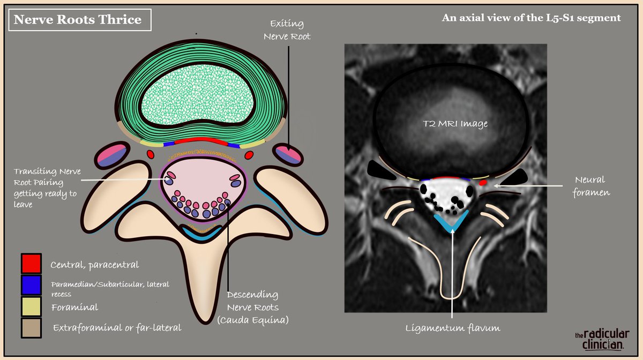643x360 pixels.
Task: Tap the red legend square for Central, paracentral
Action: (32, 264)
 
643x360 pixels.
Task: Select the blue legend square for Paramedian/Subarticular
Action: (32, 286)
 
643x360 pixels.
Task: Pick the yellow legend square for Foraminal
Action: (32, 307)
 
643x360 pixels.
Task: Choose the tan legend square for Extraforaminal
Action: (32, 328)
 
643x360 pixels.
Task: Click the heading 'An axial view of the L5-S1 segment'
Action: (531, 18)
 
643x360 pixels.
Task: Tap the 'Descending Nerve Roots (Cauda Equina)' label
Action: (252, 307)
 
